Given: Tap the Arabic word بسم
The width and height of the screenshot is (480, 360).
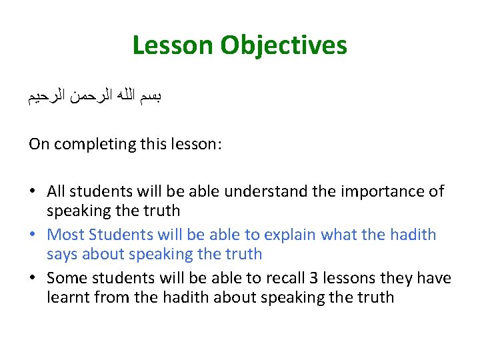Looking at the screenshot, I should click(151, 96).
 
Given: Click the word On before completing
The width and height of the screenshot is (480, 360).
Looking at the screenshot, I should click(39, 144).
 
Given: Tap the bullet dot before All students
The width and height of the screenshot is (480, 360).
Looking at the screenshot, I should click(33, 192).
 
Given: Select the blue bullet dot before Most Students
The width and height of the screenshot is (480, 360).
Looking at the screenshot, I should click(33, 235).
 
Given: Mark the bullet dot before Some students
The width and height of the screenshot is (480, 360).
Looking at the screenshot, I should click(33, 279).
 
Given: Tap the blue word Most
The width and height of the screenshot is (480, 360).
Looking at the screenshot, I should click(65, 235).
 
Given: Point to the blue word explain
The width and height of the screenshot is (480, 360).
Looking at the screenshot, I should click(290, 235).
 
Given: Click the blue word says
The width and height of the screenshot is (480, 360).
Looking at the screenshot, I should click(61, 255).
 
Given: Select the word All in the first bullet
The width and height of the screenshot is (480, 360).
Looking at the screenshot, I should click(56, 192).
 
